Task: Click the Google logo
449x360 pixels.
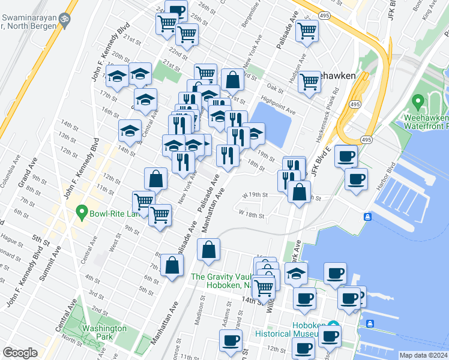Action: (x=20, y=353)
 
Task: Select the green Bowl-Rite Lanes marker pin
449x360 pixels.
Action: (x=82, y=213)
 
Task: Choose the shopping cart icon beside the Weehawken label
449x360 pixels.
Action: (x=309, y=80)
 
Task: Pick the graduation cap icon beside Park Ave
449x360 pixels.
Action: (x=296, y=273)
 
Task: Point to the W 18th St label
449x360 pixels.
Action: (x=252, y=213)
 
